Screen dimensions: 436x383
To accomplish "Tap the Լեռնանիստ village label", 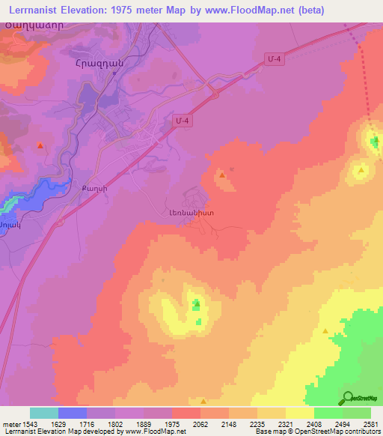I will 192,213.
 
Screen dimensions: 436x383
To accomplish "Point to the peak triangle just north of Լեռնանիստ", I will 222,175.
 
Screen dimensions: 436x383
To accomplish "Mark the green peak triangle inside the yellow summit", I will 197,304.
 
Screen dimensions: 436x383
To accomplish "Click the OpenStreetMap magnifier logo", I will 349,398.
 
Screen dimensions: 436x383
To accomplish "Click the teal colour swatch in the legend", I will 44,413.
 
